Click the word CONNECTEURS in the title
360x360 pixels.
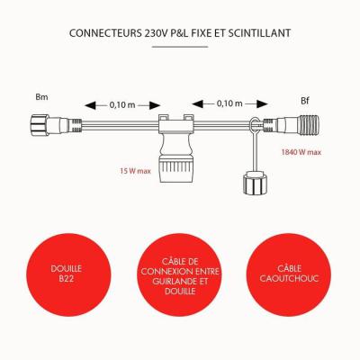point(105,33)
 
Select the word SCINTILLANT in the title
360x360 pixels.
point(259,33)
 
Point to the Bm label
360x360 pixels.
point(41,97)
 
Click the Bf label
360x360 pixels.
point(305,101)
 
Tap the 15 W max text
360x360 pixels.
point(135,171)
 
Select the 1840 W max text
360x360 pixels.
point(301,152)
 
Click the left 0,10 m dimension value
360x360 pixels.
point(122,105)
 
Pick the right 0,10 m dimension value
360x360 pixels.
point(229,103)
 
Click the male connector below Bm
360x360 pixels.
point(56,124)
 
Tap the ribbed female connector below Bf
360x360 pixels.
point(292,124)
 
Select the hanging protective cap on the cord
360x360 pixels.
point(254,183)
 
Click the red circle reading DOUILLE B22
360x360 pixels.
point(68,274)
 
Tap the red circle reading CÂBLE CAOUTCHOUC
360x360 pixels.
point(289,274)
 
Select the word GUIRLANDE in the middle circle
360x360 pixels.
point(171,282)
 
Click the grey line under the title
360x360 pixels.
point(180,47)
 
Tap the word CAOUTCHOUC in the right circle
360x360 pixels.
point(289,278)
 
